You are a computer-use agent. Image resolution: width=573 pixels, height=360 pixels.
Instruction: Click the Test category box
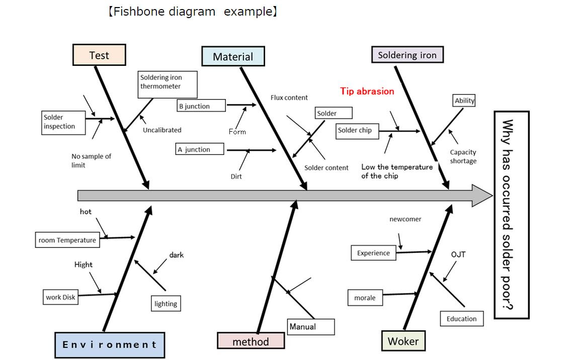point(100,55)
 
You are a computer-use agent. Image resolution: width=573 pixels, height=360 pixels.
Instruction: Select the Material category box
point(233,56)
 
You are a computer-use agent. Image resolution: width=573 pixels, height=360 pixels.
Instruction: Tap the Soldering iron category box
point(407,55)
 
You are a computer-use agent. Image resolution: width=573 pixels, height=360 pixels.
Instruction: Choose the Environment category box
point(110,345)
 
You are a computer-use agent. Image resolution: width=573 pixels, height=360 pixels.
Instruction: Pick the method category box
point(251,341)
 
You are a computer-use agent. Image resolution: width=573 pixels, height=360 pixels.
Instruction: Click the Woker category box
point(403,341)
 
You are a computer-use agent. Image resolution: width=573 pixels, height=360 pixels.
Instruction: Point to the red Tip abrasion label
point(367,92)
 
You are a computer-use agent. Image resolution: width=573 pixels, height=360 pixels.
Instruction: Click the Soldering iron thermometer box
point(168,84)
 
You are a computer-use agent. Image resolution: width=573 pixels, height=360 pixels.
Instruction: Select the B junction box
point(201,106)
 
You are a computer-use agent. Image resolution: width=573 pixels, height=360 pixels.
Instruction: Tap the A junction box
point(200,149)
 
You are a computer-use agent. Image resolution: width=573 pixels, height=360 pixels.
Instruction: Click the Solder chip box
point(357,131)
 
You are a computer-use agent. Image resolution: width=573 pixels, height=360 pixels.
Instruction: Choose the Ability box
point(464,101)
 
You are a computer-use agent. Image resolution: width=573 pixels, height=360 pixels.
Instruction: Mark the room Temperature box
point(67,240)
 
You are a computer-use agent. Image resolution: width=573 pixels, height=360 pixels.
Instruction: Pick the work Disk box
point(60,297)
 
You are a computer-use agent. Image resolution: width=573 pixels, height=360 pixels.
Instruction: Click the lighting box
point(166,303)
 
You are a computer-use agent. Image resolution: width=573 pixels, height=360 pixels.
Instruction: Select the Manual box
point(310,327)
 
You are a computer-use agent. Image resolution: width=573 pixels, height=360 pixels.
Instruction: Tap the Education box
point(462,318)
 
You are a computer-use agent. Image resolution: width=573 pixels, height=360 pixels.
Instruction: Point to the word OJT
point(458,254)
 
